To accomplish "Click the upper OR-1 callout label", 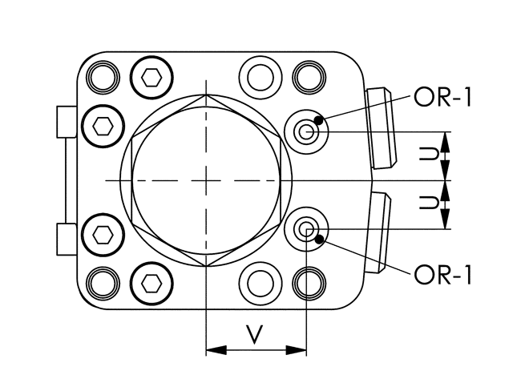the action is (442, 97).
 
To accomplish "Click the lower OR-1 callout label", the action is (442, 276).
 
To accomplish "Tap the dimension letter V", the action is (255, 334).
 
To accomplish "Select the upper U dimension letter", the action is (429, 155).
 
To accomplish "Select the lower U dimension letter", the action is (429, 203).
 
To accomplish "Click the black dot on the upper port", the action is (319, 120).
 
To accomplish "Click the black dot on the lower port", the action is (320, 239).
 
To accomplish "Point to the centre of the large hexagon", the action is (206, 181).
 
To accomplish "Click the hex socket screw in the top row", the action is (151, 78).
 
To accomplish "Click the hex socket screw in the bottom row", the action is (151, 284).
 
